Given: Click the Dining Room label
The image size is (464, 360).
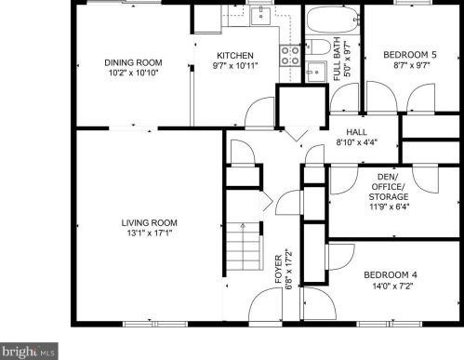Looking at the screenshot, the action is coord(133,62).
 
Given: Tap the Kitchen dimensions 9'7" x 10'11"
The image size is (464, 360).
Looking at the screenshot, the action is coord(235,66).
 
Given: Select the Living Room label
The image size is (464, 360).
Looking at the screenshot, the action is coord(149,222).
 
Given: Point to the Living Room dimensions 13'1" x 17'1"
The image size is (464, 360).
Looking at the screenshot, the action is coord(150,233).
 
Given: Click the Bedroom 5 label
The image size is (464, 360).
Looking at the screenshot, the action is coord(410,55).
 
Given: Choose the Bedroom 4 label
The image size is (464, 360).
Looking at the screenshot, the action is coord(391,275).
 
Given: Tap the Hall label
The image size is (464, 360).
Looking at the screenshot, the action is coord(356,132).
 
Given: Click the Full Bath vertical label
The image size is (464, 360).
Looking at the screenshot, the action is coord(338,59).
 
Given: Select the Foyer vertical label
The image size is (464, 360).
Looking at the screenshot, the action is coord(279,269).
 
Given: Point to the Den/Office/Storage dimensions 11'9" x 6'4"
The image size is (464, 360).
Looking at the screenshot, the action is coord(389,207).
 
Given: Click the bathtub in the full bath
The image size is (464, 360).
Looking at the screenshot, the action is coord(333,20).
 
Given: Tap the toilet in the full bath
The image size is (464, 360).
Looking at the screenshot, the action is coord(318,47).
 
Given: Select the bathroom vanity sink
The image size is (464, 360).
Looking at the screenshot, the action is coord(316,72).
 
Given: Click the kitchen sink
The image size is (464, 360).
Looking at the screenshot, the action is coord(260,16).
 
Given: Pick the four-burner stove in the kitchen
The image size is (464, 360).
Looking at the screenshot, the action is coord(290,55).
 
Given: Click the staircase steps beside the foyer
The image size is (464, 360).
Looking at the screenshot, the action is coord(244,246).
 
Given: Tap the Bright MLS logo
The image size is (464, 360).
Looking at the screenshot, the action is coord(29,352).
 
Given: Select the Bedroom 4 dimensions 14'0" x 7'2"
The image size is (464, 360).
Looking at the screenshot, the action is coord(392,286).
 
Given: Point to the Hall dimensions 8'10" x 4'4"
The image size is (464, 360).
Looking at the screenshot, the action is coord(356,142).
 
